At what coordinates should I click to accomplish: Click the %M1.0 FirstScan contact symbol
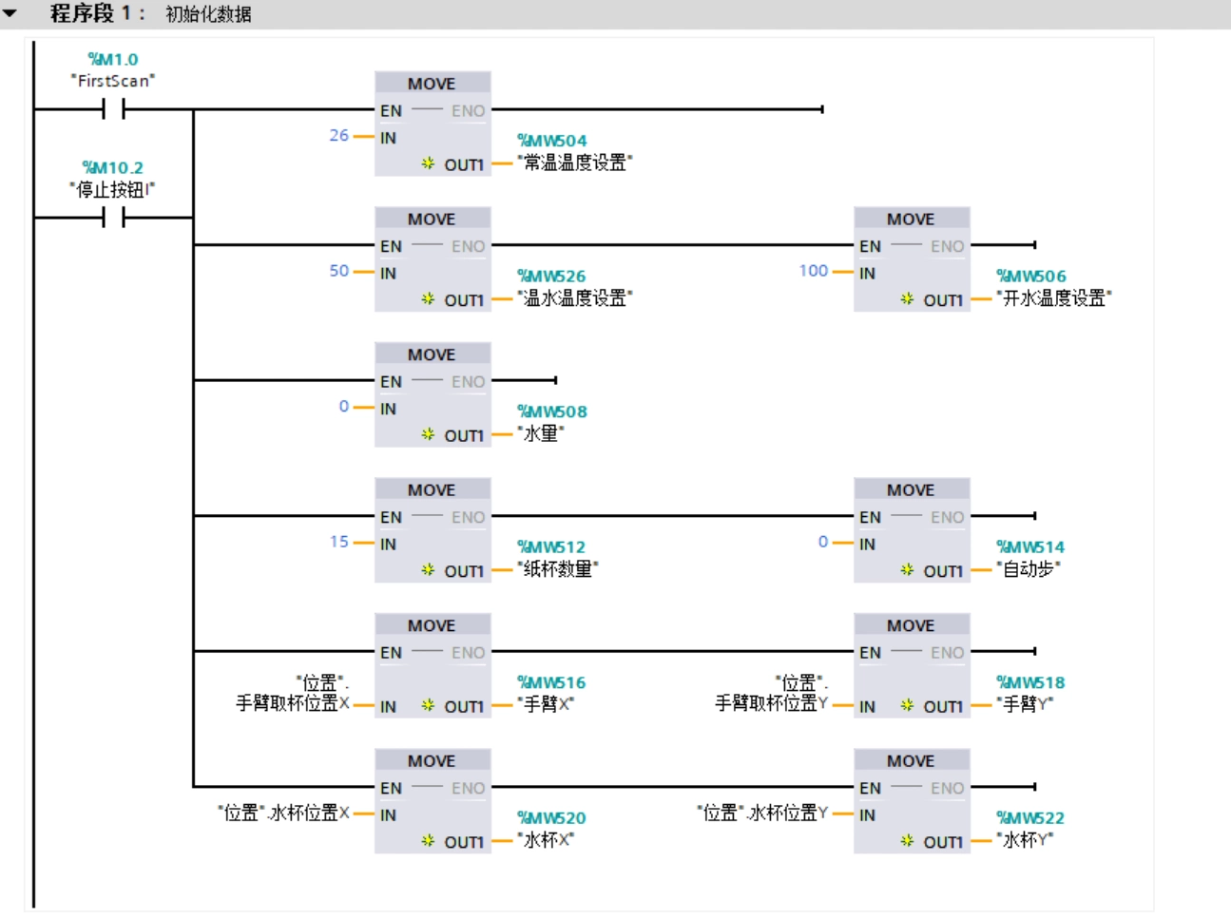113,110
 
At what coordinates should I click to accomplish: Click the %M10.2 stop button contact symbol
113,219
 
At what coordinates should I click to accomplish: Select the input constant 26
339,136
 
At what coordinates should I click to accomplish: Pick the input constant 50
339,271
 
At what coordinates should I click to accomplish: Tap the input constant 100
814,271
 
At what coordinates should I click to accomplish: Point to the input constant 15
339,542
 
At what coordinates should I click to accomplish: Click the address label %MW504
552,141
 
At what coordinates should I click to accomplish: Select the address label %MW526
551,277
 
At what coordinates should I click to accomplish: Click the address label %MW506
1031,277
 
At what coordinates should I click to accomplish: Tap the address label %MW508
552,412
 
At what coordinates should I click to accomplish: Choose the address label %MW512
551,547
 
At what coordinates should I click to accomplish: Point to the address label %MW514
1030,547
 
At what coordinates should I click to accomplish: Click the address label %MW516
551,682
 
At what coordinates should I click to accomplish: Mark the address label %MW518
1030,682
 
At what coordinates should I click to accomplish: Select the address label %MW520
551,818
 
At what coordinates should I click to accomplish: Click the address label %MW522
1030,818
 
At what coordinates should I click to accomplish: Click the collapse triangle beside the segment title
10,13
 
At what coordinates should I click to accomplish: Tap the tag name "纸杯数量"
558,569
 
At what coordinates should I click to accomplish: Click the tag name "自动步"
1029,569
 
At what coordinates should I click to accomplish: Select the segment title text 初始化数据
208,14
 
